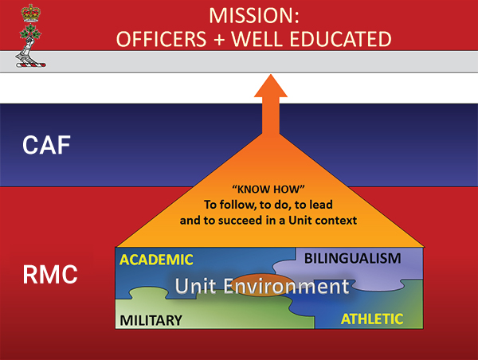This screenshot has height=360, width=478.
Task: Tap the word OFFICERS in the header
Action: [161, 39]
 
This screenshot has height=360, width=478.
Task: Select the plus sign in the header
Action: [218, 40]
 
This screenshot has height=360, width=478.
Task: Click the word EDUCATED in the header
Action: [340, 39]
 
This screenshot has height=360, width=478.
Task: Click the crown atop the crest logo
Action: [30, 13]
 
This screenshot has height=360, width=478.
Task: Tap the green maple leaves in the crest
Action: [30, 32]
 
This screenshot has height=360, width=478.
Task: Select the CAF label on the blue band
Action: [46, 145]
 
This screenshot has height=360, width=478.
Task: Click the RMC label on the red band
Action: [50, 275]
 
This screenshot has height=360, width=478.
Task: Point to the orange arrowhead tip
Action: [271, 74]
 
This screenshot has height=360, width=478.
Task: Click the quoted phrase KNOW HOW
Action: [268, 190]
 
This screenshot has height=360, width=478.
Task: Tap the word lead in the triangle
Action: [321, 205]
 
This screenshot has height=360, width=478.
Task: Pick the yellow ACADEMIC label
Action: [156, 260]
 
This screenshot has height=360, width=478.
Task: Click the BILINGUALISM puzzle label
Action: [353, 259]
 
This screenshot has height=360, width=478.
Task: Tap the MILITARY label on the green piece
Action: [151, 320]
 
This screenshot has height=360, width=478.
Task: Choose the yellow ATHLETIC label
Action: [372, 319]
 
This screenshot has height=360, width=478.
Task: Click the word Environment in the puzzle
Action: [286, 286]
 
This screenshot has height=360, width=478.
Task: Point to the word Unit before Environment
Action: [196, 286]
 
